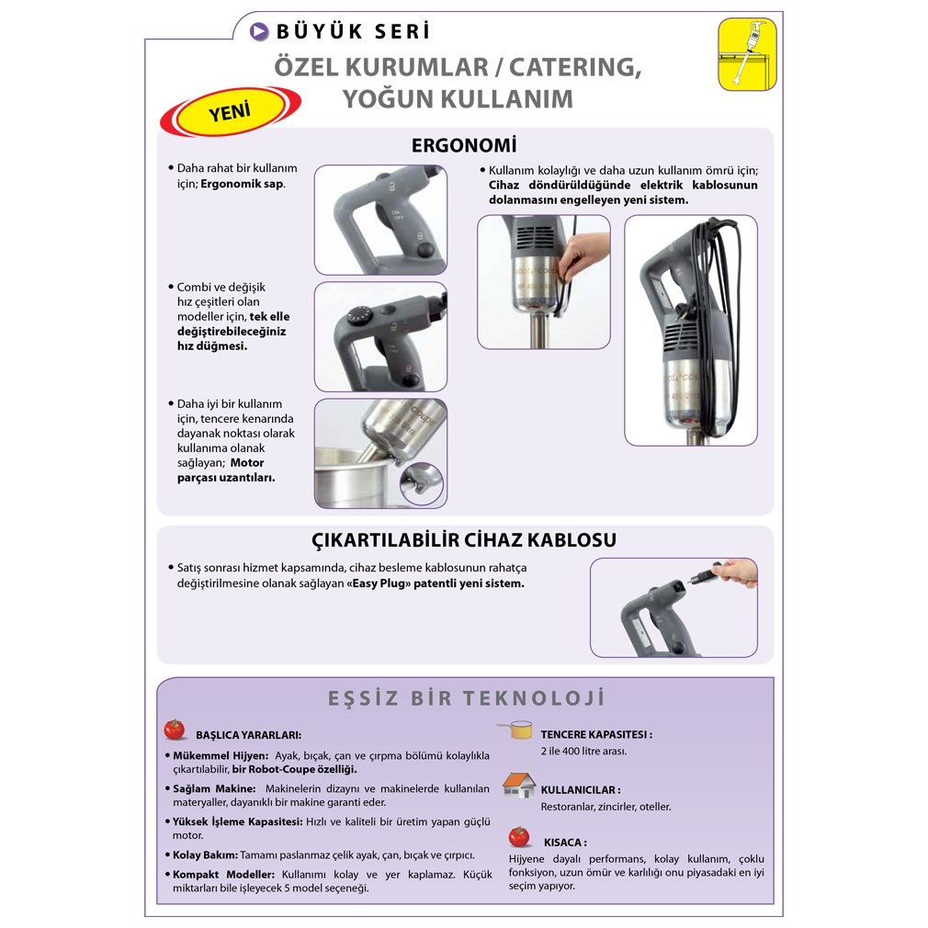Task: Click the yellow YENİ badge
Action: (231, 110)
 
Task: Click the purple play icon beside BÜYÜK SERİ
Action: (258, 31)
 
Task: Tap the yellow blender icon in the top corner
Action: (747, 54)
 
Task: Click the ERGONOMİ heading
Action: (464, 145)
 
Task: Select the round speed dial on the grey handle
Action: (357, 315)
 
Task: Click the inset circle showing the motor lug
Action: (422, 483)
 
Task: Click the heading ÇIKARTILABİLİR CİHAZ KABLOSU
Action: (464, 539)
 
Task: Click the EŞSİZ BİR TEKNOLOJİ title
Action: (467, 698)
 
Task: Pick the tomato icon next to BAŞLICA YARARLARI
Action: (175, 730)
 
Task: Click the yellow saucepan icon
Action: (515, 730)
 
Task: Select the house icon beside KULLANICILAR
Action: (519, 786)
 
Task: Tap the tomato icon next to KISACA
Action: (519, 837)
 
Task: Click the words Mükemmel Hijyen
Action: (221, 756)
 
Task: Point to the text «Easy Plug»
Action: (379, 583)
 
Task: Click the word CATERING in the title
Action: (575, 67)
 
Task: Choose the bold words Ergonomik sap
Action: (243, 184)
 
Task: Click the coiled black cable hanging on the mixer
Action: (715, 308)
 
